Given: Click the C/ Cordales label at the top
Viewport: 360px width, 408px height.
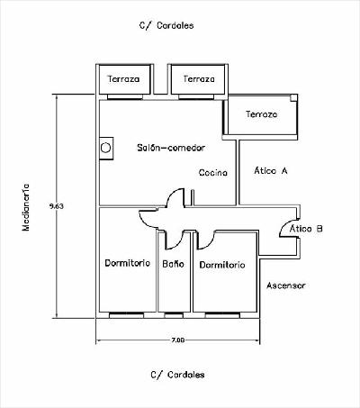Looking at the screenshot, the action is click(x=166, y=25).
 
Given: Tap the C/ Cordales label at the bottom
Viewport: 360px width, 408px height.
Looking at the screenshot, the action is click(x=177, y=375).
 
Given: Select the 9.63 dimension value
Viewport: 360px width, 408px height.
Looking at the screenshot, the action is click(x=57, y=206).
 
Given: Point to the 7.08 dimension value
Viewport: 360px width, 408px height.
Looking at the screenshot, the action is click(x=178, y=340).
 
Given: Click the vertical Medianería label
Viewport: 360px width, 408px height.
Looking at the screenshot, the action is click(x=26, y=207).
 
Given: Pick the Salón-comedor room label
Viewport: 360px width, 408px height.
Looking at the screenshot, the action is click(x=171, y=148).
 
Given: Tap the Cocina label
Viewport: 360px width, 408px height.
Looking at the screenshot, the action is click(x=213, y=173).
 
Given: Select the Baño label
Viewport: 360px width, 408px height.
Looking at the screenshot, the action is click(x=173, y=264).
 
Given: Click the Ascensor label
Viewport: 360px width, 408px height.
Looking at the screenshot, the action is click(x=286, y=286).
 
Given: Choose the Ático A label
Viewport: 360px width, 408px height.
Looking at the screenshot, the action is click(x=271, y=170).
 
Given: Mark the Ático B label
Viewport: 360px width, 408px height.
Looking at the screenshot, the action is click(x=306, y=229).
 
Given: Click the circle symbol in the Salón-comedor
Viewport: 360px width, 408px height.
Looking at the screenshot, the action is click(x=105, y=148).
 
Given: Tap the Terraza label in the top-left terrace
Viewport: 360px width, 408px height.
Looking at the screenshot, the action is click(x=123, y=79).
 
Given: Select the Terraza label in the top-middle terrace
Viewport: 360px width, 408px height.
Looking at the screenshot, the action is click(x=199, y=79).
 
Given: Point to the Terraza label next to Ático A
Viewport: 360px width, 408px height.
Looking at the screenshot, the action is click(x=261, y=114).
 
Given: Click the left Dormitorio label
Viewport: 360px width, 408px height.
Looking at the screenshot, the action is click(x=127, y=263).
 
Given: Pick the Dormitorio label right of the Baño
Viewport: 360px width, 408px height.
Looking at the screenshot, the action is click(x=222, y=265).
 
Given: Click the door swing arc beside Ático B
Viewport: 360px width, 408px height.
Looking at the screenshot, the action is click(x=285, y=226).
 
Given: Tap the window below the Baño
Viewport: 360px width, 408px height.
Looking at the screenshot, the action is click(x=174, y=315).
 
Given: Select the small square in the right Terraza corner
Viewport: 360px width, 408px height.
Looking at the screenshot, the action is click(x=293, y=97).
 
